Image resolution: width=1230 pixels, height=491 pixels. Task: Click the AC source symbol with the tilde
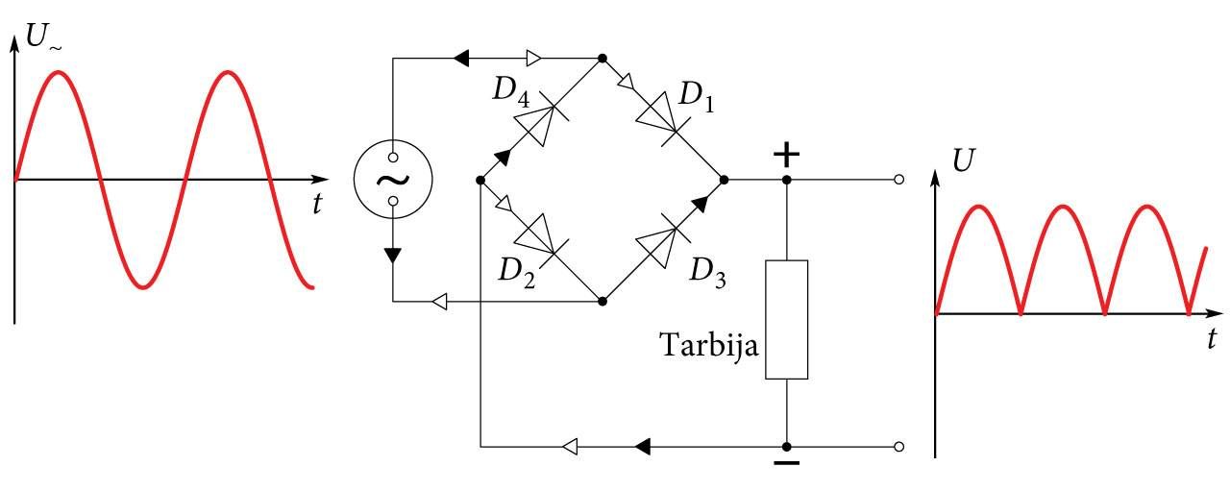(x=393, y=180)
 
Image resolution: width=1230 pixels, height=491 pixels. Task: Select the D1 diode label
(x=697, y=98)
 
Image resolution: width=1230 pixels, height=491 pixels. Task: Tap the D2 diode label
(x=516, y=273)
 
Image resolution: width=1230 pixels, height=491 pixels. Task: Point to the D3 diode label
(x=707, y=273)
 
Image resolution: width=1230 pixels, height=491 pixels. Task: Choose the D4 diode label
(x=510, y=91)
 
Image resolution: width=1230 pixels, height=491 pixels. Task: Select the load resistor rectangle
(x=786, y=320)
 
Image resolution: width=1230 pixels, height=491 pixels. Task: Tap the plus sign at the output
(x=786, y=156)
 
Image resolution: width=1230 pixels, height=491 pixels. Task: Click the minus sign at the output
(x=786, y=463)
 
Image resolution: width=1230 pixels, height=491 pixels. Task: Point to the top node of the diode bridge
(x=603, y=59)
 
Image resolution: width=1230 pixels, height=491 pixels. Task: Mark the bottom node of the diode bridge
(x=603, y=302)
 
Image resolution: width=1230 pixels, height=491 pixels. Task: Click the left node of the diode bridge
(x=480, y=180)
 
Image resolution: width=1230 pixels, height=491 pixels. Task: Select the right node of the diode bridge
(x=724, y=180)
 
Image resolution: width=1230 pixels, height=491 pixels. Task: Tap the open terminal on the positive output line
(x=898, y=180)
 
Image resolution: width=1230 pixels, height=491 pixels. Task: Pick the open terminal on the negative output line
(x=898, y=447)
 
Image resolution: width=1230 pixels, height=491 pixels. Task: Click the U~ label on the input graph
(x=44, y=37)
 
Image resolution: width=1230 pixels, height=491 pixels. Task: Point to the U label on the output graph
(x=964, y=160)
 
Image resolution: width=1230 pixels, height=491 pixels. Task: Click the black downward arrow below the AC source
(x=393, y=256)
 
